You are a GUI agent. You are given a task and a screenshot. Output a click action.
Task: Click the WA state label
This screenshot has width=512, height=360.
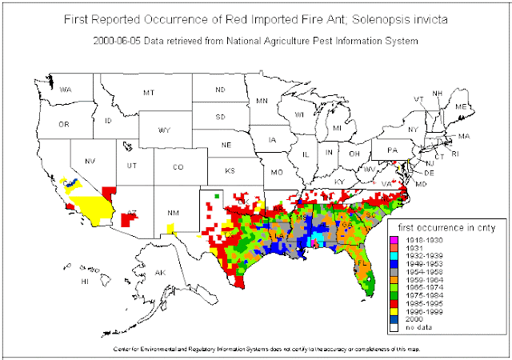(x=66, y=90)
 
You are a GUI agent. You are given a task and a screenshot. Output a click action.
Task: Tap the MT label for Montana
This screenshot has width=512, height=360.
(x=148, y=93)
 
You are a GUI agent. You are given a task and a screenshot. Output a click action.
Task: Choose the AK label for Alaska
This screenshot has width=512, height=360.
(x=159, y=273)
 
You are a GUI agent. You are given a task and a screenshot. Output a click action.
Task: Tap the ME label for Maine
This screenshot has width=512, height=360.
(x=460, y=106)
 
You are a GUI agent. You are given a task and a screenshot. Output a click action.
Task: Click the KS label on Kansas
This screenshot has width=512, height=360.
(x=230, y=170)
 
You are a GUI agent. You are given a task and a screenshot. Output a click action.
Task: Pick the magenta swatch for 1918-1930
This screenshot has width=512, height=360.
(x=392, y=239)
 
